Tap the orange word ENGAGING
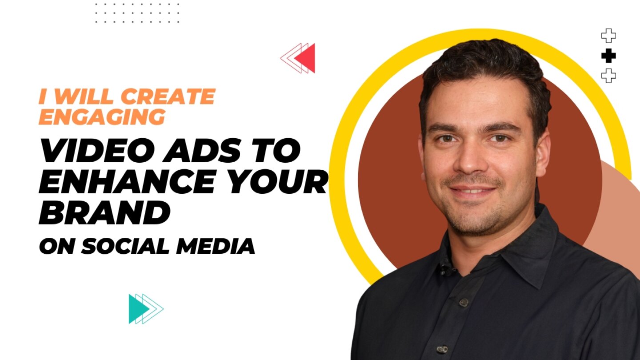point(102,116)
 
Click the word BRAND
point(104,212)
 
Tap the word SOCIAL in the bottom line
point(126,246)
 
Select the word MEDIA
point(215,246)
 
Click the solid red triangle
point(307,58)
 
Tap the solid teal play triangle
point(137,309)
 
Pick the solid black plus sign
point(608,56)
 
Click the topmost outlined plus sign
point(608,36)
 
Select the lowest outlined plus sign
point(608,76)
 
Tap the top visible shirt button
point(464,302)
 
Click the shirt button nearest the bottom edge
point(442,349)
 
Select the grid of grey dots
point(137,13)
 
